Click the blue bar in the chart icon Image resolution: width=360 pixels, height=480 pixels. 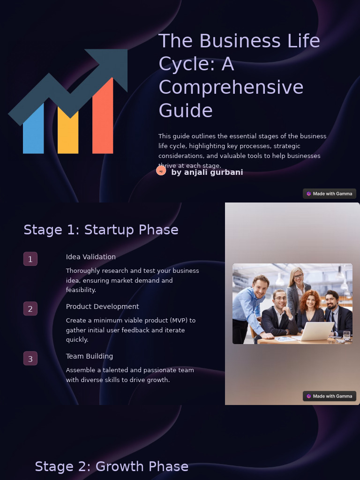[x=33, y=131]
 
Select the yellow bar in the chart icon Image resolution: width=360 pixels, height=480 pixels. [x=68, y=136]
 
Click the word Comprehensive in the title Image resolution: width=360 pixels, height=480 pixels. [x=231, y=88]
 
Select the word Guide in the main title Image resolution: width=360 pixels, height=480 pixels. [x=186, y=111]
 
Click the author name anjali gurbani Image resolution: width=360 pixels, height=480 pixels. [x=207, y=172]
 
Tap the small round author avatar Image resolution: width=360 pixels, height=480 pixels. [x=161, y=171]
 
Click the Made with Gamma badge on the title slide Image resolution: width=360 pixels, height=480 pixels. [x=330, y=194]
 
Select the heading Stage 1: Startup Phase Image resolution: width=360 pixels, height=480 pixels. [x=101, y=230]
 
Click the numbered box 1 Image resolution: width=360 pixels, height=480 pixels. [x=30, y=259]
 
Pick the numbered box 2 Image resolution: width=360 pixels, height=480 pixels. [x=30, y=309]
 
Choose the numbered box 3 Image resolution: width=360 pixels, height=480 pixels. [x=30, y=359]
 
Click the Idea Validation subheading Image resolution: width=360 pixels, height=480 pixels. [x=91, y=257]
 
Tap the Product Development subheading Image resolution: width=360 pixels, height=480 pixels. [x=102, y=307]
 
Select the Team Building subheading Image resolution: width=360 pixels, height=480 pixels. [x=90, y=356]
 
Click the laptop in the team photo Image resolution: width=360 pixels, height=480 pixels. [x=316, y=331]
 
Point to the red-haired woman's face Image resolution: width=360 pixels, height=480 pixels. [x=310, y=302]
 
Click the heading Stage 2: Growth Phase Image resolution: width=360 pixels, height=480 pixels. [x=112, y=467]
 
